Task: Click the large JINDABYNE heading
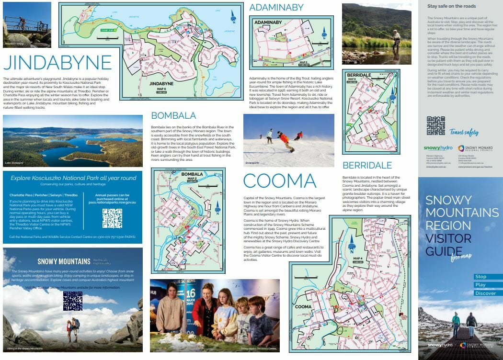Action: pyautogui.click(x=57, y=62)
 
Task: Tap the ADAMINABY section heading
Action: pyautogui.click(x=276, y=7)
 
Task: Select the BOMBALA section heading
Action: pyautogui.click(x=173, y=115)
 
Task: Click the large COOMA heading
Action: pyautogui.click(x=280, y=181)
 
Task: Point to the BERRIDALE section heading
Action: pyautogui.click(x=367, y=165)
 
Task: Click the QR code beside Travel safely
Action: pyautogui.click(x=435, y=125)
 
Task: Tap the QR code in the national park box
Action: pyautogui.click(x=112, y=218)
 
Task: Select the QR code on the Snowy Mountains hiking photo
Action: pyautogui.click(x=72, y=301)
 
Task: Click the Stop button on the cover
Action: pyautogui.click(x=481, y=277)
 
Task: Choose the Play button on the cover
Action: pyautogui.click(x=480, y=285)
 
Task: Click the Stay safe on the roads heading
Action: pyautogui.click(x=451, y=6)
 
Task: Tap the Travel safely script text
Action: pyautogui.click(x=464, y=132)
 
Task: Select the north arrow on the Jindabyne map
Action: pyautogui.click(x=233, y=17)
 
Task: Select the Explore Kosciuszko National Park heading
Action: pyautogui.click(x=73, y=178)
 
